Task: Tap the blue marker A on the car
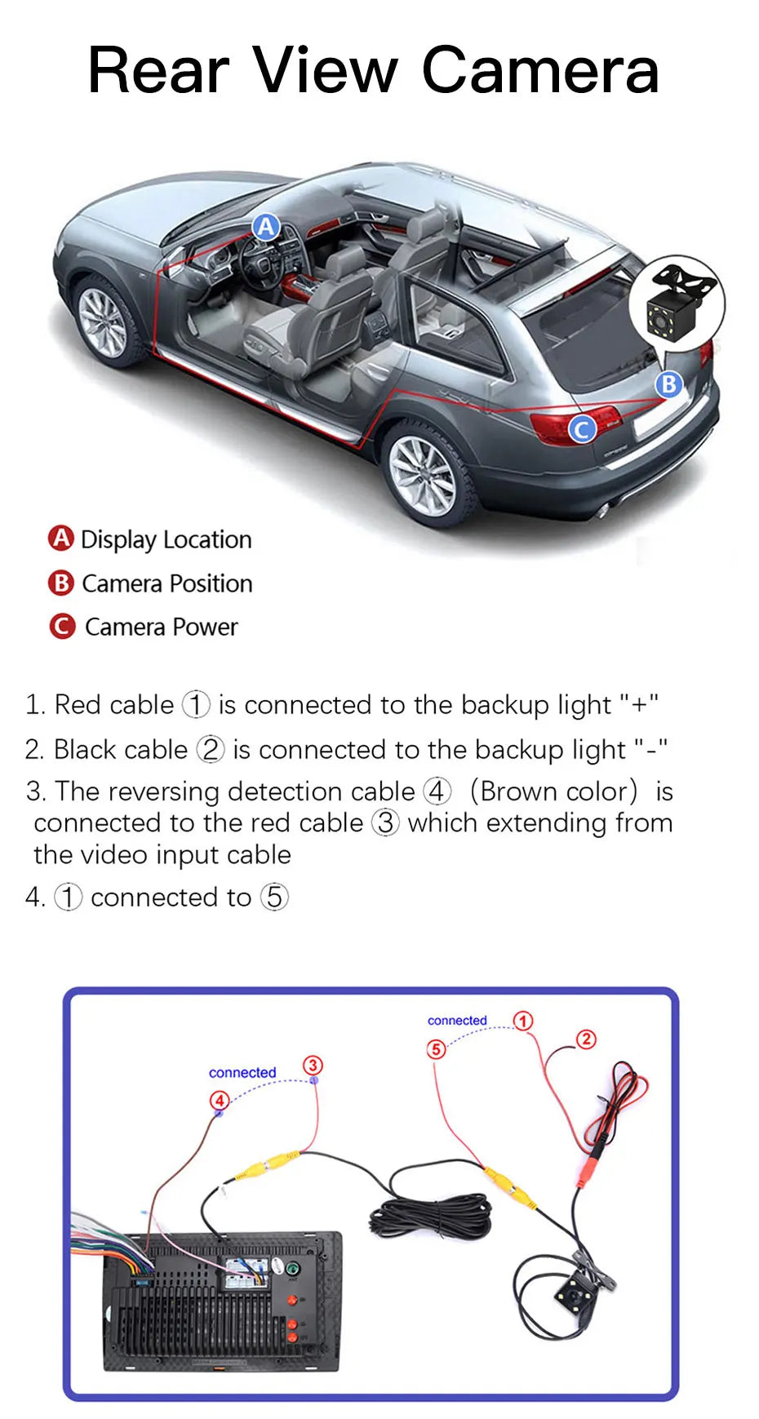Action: pos(266,227)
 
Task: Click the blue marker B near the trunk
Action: pos(668,384)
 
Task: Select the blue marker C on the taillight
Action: pos(582,428)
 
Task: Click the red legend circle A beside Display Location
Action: pos(60,539)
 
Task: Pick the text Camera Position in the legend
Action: pos(166,583)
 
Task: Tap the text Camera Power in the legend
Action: pos(161,627)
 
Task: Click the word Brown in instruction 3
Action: pos(517,791)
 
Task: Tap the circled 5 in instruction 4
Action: pos(274,897)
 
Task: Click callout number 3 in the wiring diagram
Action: pos(313,1065)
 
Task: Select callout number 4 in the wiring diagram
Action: pos(220,1099)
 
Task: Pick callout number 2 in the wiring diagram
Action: pos(586,1039)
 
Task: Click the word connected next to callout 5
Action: pos(457,1021)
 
